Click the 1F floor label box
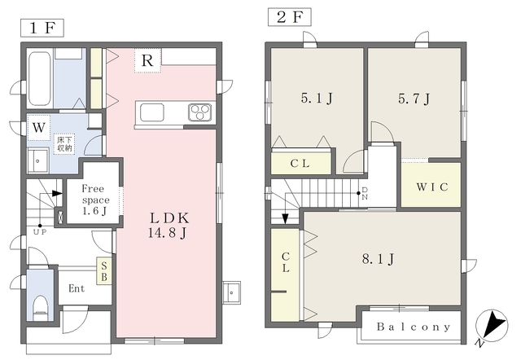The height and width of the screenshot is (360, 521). (x=42, y=28)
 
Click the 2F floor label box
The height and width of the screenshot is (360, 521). (x=290, y=17)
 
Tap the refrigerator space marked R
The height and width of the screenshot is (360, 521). (x=147, y=60)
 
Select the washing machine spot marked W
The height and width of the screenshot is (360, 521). (x=39, y=128)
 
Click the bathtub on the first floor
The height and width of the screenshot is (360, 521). (x=40, y=78)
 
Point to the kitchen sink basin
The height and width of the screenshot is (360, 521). (x=152, y=112)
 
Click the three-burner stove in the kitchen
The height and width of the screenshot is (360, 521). (x=200, y=112)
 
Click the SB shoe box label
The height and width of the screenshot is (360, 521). (x=104, y=271)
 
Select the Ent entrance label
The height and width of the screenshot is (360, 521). (x=77, y=288)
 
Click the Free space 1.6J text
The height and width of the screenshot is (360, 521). (x=95, y=200)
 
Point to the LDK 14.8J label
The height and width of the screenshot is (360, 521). (x=169, y=225)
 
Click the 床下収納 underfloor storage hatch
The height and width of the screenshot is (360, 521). (x=64, y=143)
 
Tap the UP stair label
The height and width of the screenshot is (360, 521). (x=40, y=232)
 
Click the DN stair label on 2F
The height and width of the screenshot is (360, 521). (x=365, y=194)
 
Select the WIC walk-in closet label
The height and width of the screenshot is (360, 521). (x=432, y=187)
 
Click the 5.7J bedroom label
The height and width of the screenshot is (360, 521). (x=414, y=99)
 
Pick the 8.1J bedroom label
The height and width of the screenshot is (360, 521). (x=378, y=259)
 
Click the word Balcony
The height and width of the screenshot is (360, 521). (x=414, y=327)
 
